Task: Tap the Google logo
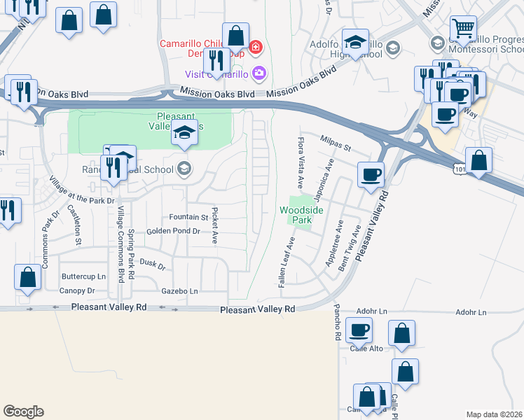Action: pos(23,412)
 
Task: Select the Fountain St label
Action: pos(188,218)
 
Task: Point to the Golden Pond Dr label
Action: pos(173,231)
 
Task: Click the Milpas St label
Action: pos(335,139)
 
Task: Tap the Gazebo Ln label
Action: pos(179,291)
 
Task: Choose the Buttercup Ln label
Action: pos(83,276)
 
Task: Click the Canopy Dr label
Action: pos(77,290)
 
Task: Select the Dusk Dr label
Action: pos(152,265)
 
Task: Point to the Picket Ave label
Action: pos(215,225)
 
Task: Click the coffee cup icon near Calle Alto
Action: pos(359,329)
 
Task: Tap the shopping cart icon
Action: pos(463,29)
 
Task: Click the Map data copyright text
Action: pos(495,414)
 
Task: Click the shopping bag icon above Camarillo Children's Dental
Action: pos(236,35)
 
